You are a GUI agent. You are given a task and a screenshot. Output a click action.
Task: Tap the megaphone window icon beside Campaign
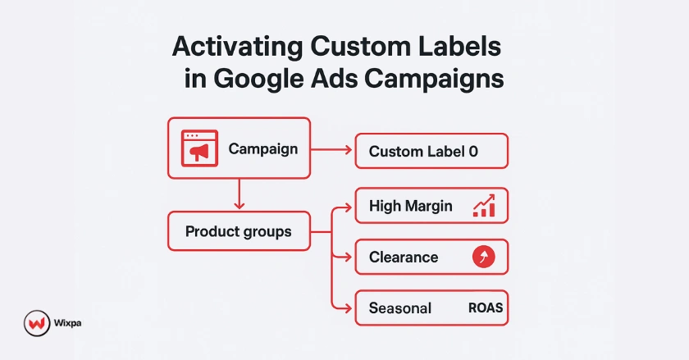tap(198, 148)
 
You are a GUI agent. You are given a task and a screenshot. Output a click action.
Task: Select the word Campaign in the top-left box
tap(262, 149)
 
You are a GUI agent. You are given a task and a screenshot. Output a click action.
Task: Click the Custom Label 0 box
tap(431, 151)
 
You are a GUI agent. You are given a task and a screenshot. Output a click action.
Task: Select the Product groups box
tap(239, 231)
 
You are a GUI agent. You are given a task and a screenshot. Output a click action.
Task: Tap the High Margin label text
tap(410, 206)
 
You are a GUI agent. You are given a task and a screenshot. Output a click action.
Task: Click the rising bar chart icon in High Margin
tap(484, 206)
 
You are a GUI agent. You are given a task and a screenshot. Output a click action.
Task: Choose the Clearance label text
tap(404, 257)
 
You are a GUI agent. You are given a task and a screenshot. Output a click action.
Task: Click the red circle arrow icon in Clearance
tap(484, 257)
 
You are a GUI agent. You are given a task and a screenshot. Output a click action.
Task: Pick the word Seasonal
tap(400, 308)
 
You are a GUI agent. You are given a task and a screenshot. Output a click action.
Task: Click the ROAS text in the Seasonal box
tap(485, 308)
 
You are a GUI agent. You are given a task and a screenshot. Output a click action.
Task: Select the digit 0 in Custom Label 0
tap(472, 152)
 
